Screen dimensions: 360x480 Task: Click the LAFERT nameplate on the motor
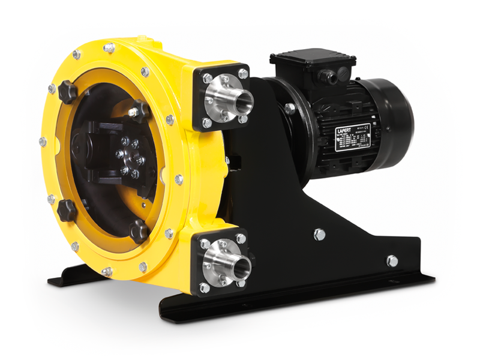(352, 137)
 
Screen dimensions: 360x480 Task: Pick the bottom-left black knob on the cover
(66, 209)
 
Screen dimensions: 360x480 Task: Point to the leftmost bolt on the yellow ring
(43, 142)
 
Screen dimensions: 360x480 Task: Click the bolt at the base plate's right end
(391, 261)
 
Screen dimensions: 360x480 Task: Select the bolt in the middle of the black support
(319, 234)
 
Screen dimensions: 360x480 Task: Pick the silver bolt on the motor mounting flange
(290, 109)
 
